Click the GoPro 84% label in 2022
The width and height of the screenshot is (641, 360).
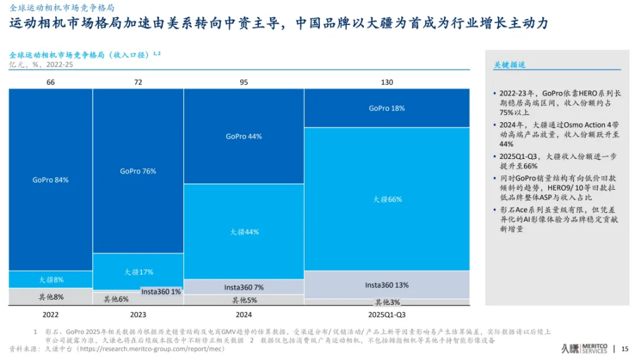[x=51, y=179]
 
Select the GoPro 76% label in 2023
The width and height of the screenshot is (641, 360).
[x=138, y=171]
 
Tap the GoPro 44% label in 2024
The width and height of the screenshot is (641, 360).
[x=244, y=137]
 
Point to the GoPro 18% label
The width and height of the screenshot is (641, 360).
[x=386, y=108]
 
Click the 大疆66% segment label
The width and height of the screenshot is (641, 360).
[x=387, y=199]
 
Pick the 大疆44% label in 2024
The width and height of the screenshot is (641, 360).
[x=244, y=232]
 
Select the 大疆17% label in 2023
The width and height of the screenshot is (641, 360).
[x=138, y=272]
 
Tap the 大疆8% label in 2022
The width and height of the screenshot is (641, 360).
[x=51, y=280]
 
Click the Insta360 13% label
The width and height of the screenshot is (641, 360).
[x=387, y=285]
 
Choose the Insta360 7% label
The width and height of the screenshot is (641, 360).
[x=244, y=287]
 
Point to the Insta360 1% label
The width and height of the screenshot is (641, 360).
[x=161, y=291]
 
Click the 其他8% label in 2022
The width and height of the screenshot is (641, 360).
[x=51, y=297]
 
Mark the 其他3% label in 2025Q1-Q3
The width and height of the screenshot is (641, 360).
[x=387, y=302]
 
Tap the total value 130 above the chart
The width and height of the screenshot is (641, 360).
[x=387, y=82]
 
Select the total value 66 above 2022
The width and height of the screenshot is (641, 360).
[x=51, y=82]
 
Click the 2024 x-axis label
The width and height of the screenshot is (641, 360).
[x=244, y=315]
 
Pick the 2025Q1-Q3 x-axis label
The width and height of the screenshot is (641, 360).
[x=387, y=315]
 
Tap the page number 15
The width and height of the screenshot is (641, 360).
[x=625, y=349]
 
